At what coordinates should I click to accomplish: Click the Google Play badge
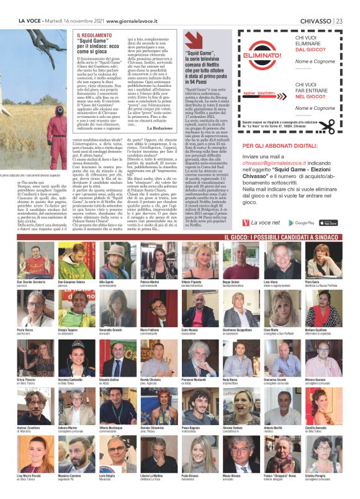tap(304, 223)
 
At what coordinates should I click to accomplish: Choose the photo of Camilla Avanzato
tap(323, 404)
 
